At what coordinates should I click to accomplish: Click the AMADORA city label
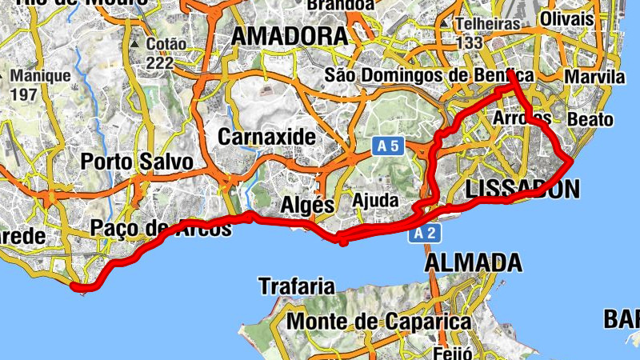[x=290, y=36]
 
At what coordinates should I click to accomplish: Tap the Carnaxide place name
[x=266, y=137]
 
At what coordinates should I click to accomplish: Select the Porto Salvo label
[x=137, y=162]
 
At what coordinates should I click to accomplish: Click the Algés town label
[x=307, y=205]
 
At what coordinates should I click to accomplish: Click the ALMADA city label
[x=474, y=262]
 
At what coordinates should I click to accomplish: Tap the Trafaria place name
[x=296, y=286]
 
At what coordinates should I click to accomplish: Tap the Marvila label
[x=594, y=77]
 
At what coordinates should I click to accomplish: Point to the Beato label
[x=590, y=120]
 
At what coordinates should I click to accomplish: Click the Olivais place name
[x=566, y=18]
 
